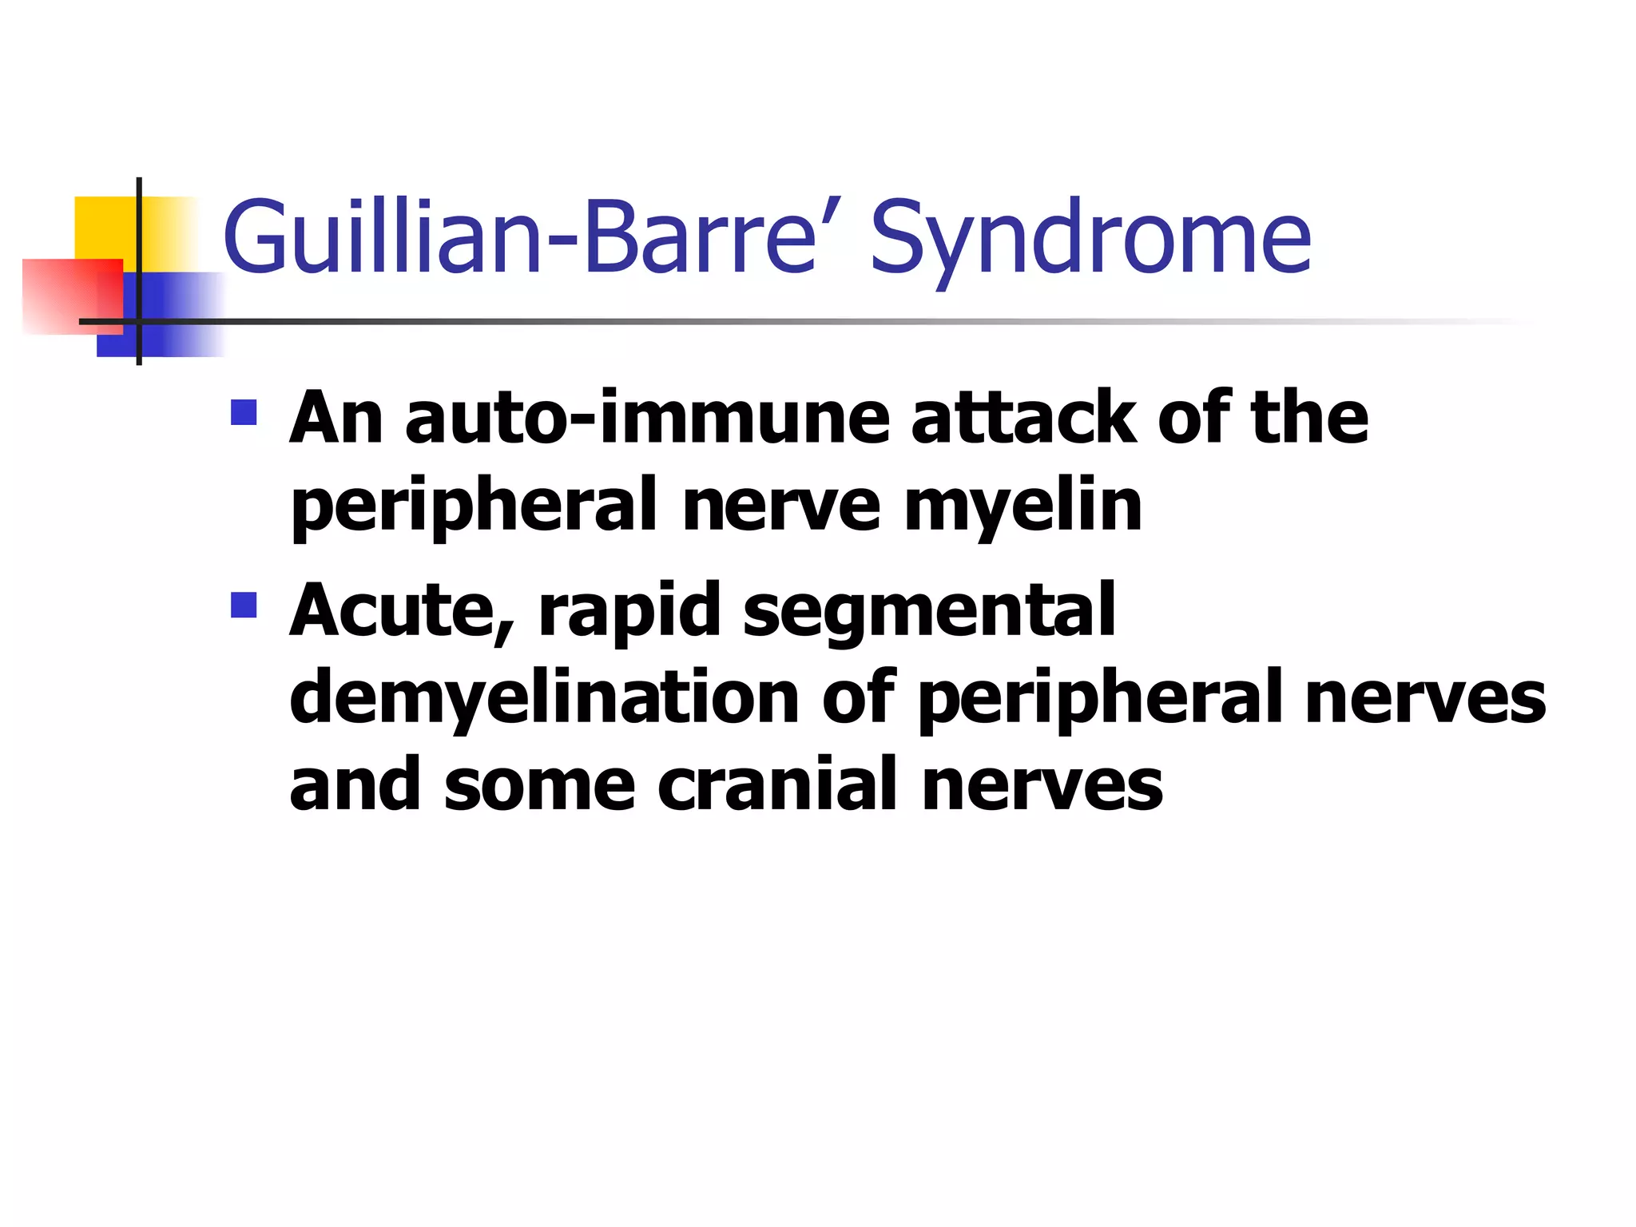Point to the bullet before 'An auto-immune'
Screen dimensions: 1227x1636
click(x=244, y=412)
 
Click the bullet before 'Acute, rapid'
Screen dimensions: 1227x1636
click(x=244, y=605)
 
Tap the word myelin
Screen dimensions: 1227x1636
click(x=1022, y=507)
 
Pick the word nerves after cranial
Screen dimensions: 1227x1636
click(x=1042, y=785)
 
